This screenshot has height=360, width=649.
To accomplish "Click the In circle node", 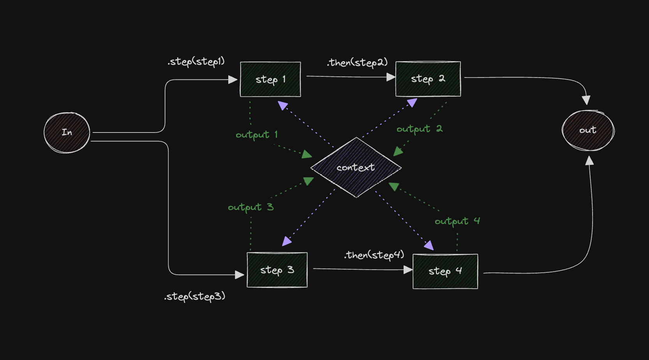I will click(x=67, y=132).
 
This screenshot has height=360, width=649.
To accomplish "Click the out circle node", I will click(x=588, y=130).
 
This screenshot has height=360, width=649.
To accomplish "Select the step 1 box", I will click(x=270, y=79).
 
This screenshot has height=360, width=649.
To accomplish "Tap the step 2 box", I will click(x=428, y=79).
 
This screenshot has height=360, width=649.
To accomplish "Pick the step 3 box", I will click(x=277, y=270).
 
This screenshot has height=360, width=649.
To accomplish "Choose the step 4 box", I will click(x=445, y=271).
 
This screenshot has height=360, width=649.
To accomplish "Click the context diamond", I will click(x=356, y=168).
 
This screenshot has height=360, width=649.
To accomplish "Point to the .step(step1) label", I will click(x=196, y=62).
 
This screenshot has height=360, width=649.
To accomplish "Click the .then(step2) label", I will click(x=357, y=62).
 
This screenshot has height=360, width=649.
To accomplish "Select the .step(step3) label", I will click(x=194, y=296).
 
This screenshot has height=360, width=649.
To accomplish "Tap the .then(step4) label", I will click(x=374, y=255).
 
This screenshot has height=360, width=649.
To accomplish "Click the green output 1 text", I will click(x=256, y=135).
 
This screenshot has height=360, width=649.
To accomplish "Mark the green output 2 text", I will click(x=419, y=129).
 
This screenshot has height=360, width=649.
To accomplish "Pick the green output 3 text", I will click(x=250, y=207).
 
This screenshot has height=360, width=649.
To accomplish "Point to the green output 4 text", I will click(x=457, y=221).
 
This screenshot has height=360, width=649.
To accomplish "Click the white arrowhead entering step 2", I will click(x=391, y=77).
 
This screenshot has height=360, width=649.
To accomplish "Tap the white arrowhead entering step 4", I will click(x=408, y=270).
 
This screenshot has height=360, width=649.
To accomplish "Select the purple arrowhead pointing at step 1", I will click(x=283, y=105).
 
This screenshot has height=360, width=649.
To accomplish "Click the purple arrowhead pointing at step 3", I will click(x=287, y=241).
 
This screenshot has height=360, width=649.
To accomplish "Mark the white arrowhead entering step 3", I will click(x=240, y=275).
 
